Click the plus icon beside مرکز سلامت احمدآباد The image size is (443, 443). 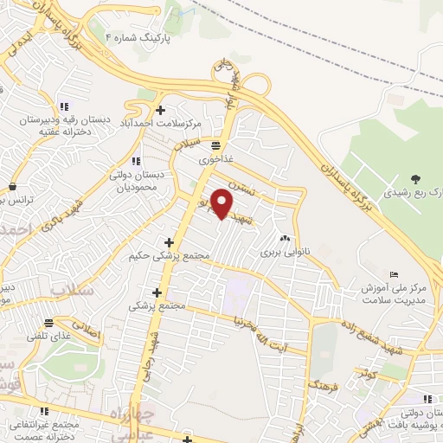click(160, 110)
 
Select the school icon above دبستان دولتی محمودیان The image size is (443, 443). click(136, 161)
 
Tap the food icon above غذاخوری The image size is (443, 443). click(215, 145)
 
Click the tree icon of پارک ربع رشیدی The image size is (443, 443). click(417, 179)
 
